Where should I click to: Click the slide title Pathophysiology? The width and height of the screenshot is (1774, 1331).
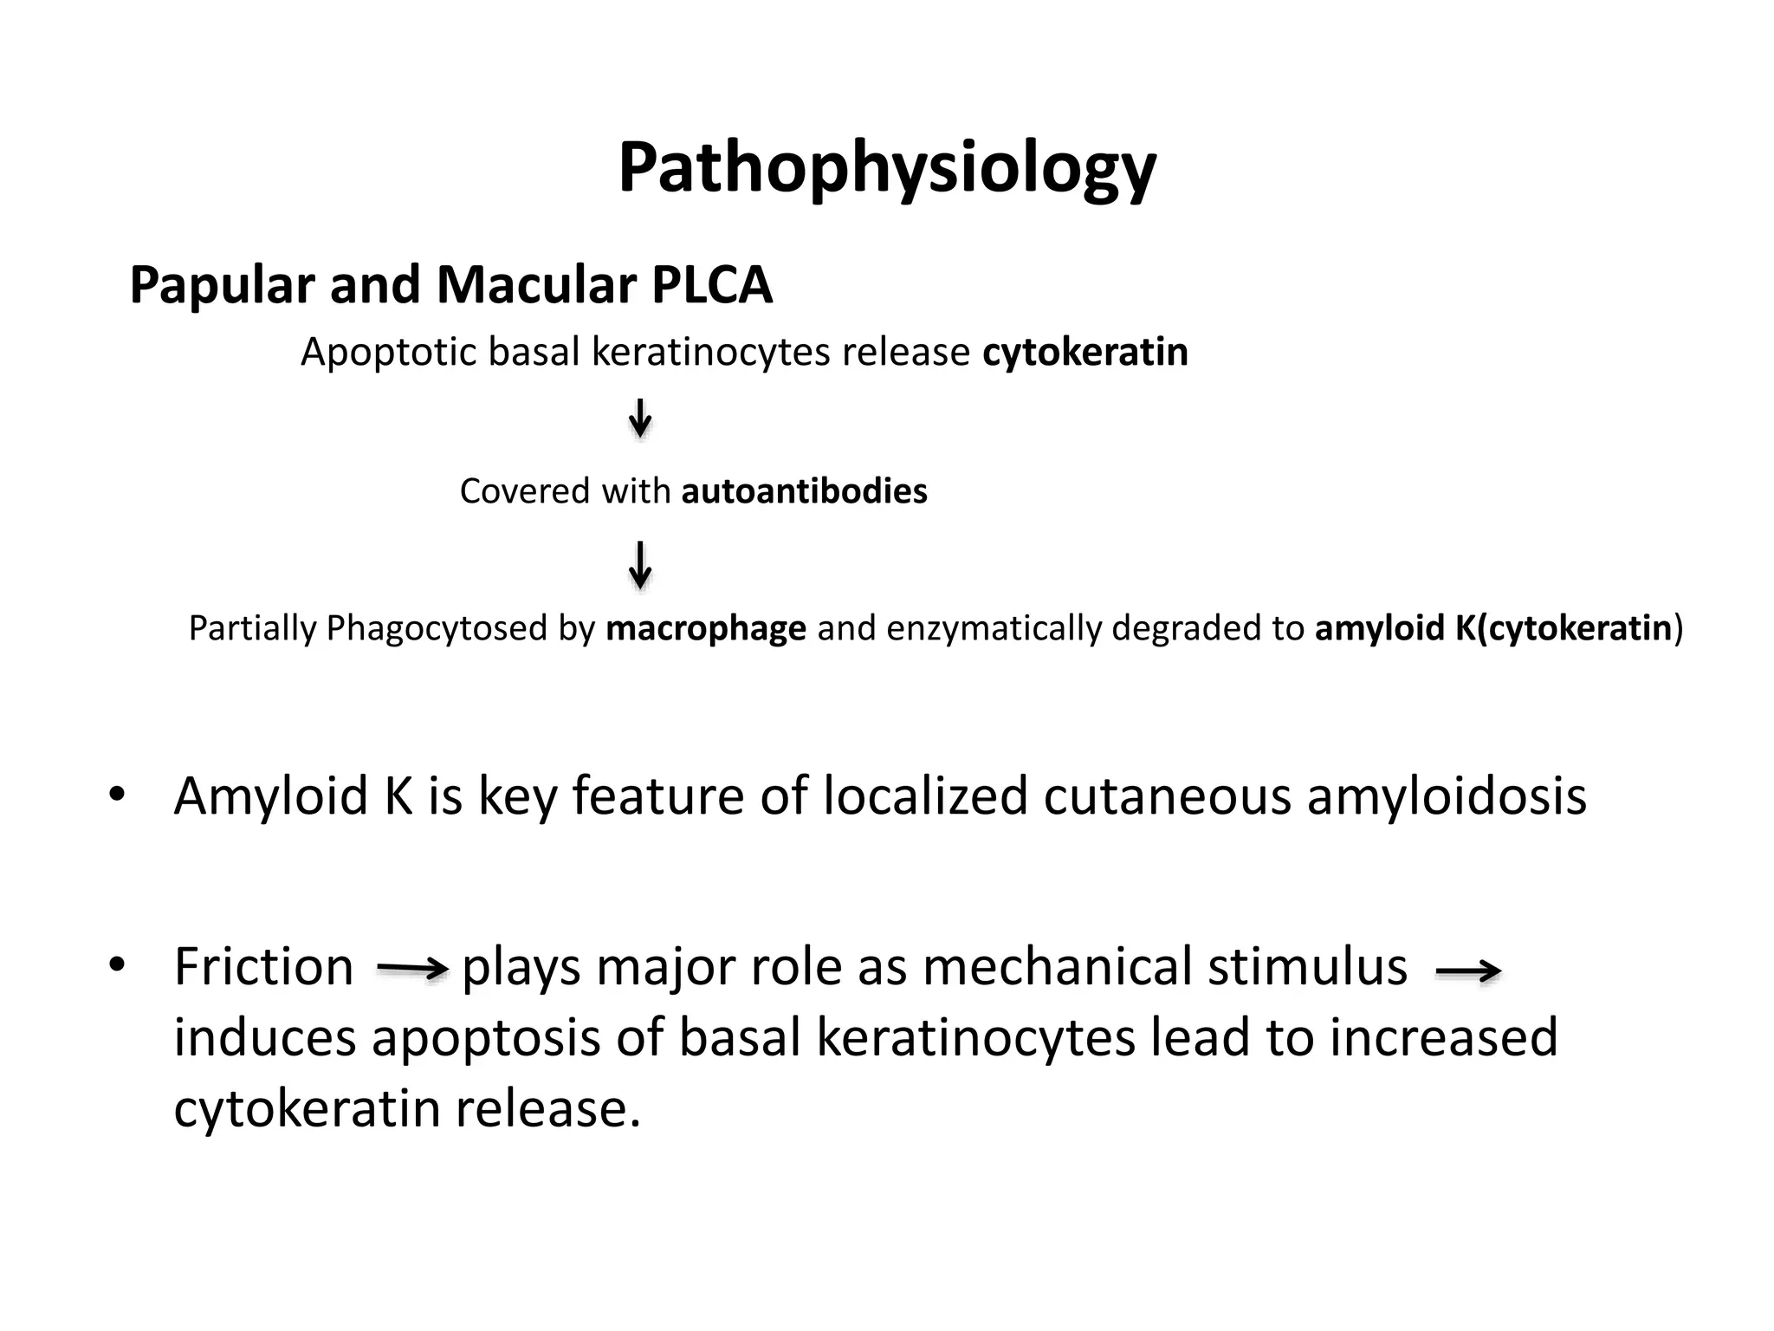click(x=886, y=169)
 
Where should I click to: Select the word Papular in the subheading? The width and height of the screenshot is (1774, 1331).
click(x=221, y=285)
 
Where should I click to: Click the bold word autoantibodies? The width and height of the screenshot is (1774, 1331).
click(x=805, y=491)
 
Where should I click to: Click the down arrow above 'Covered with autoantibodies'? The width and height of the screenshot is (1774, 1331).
click(x=640, y=419)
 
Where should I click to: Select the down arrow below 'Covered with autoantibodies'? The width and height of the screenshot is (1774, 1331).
click(x=640, y=564)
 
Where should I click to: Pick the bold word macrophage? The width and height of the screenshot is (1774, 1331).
click(x=706, y=628)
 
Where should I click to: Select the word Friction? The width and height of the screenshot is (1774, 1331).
click(x=263, y=967)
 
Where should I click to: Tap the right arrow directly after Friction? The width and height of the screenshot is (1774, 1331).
click(x=412, y=970)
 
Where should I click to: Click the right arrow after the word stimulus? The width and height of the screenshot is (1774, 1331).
click(x=1468, y=972)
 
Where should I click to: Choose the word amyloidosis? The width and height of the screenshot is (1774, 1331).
click(x=1447, y=796)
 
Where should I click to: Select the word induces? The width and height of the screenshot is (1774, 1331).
click(x=265, y=1038)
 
